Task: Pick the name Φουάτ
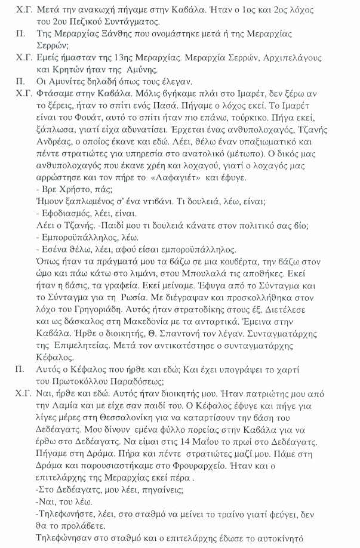pyautogui.click(x=81, y=128)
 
